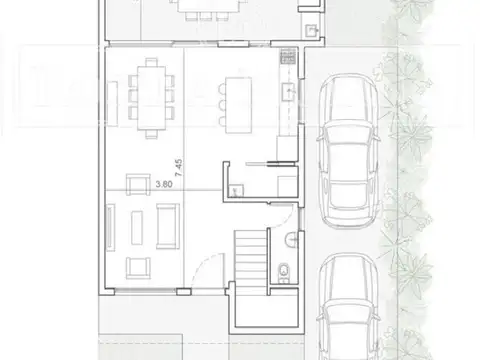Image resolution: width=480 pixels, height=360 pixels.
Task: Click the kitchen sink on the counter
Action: point(288,94)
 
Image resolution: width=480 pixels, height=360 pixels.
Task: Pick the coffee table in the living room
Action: point(162,228)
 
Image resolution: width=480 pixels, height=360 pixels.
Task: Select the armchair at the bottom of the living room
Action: point(137,267)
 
